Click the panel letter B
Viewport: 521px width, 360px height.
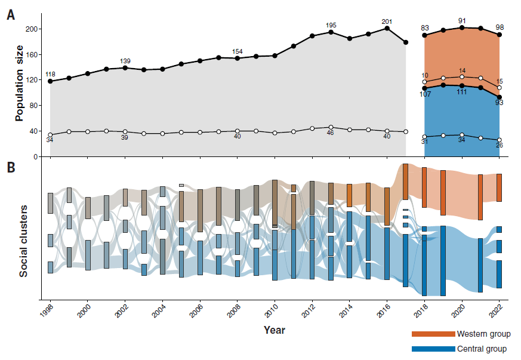pyautogui.click(x=11, y=168)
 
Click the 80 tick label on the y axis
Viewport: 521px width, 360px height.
pyautogui.click(x=34, y=106)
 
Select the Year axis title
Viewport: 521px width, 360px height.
pyautogui.click(x=275, y=330)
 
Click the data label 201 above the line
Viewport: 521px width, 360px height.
pyautogui.click(x=387, y=22)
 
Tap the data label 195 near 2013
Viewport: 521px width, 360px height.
pyautogui.click(x=331, y=25)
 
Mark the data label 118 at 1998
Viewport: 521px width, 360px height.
pyautogui.click(x=50, y=74)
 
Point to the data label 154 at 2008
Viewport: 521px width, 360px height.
pyautogui.click(x=238, y=51)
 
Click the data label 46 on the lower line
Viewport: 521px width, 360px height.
pyautogui.click(x=331, y=133)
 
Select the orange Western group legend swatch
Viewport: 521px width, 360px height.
pyautogui.click(x=433, y=334)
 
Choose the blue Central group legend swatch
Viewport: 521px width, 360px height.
pyautogui.click(x=433, y=349)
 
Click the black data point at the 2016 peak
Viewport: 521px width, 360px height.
pyautogui.click(x=387, y=28)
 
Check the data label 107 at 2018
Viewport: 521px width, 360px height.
pyautogui.click(x=425, y=94)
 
